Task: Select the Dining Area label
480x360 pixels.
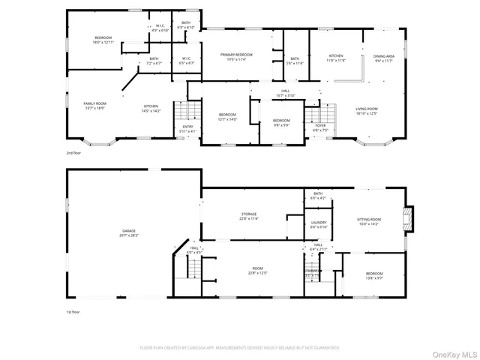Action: [x=384, y=58]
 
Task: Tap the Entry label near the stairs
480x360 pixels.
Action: [x=188, y=129]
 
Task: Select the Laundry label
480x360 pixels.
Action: [x=318, y=224]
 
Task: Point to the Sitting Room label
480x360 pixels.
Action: [x=369, y=221]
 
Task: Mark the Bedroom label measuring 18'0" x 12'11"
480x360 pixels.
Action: [x=103, y=40]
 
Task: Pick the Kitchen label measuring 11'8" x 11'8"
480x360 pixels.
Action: [x=336, y=58]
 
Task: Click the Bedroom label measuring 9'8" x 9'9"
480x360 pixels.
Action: [x=280, y=123]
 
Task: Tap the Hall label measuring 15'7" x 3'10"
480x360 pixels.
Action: [x=286, y=94]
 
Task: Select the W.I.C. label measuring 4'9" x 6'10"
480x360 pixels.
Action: [x=160, y=28]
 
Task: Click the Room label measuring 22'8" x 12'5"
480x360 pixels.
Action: [x=257, y=271]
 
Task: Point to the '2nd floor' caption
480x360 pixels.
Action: [x=73, y=153]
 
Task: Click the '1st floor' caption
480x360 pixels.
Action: [x=73, y=310]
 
